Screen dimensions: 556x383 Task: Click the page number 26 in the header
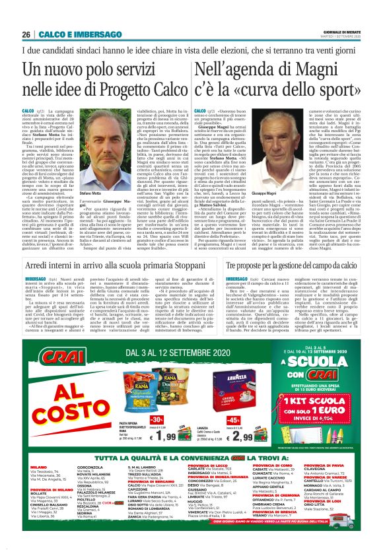[x=26, y=34]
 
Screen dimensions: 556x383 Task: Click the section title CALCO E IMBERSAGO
[x=70, y=34]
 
